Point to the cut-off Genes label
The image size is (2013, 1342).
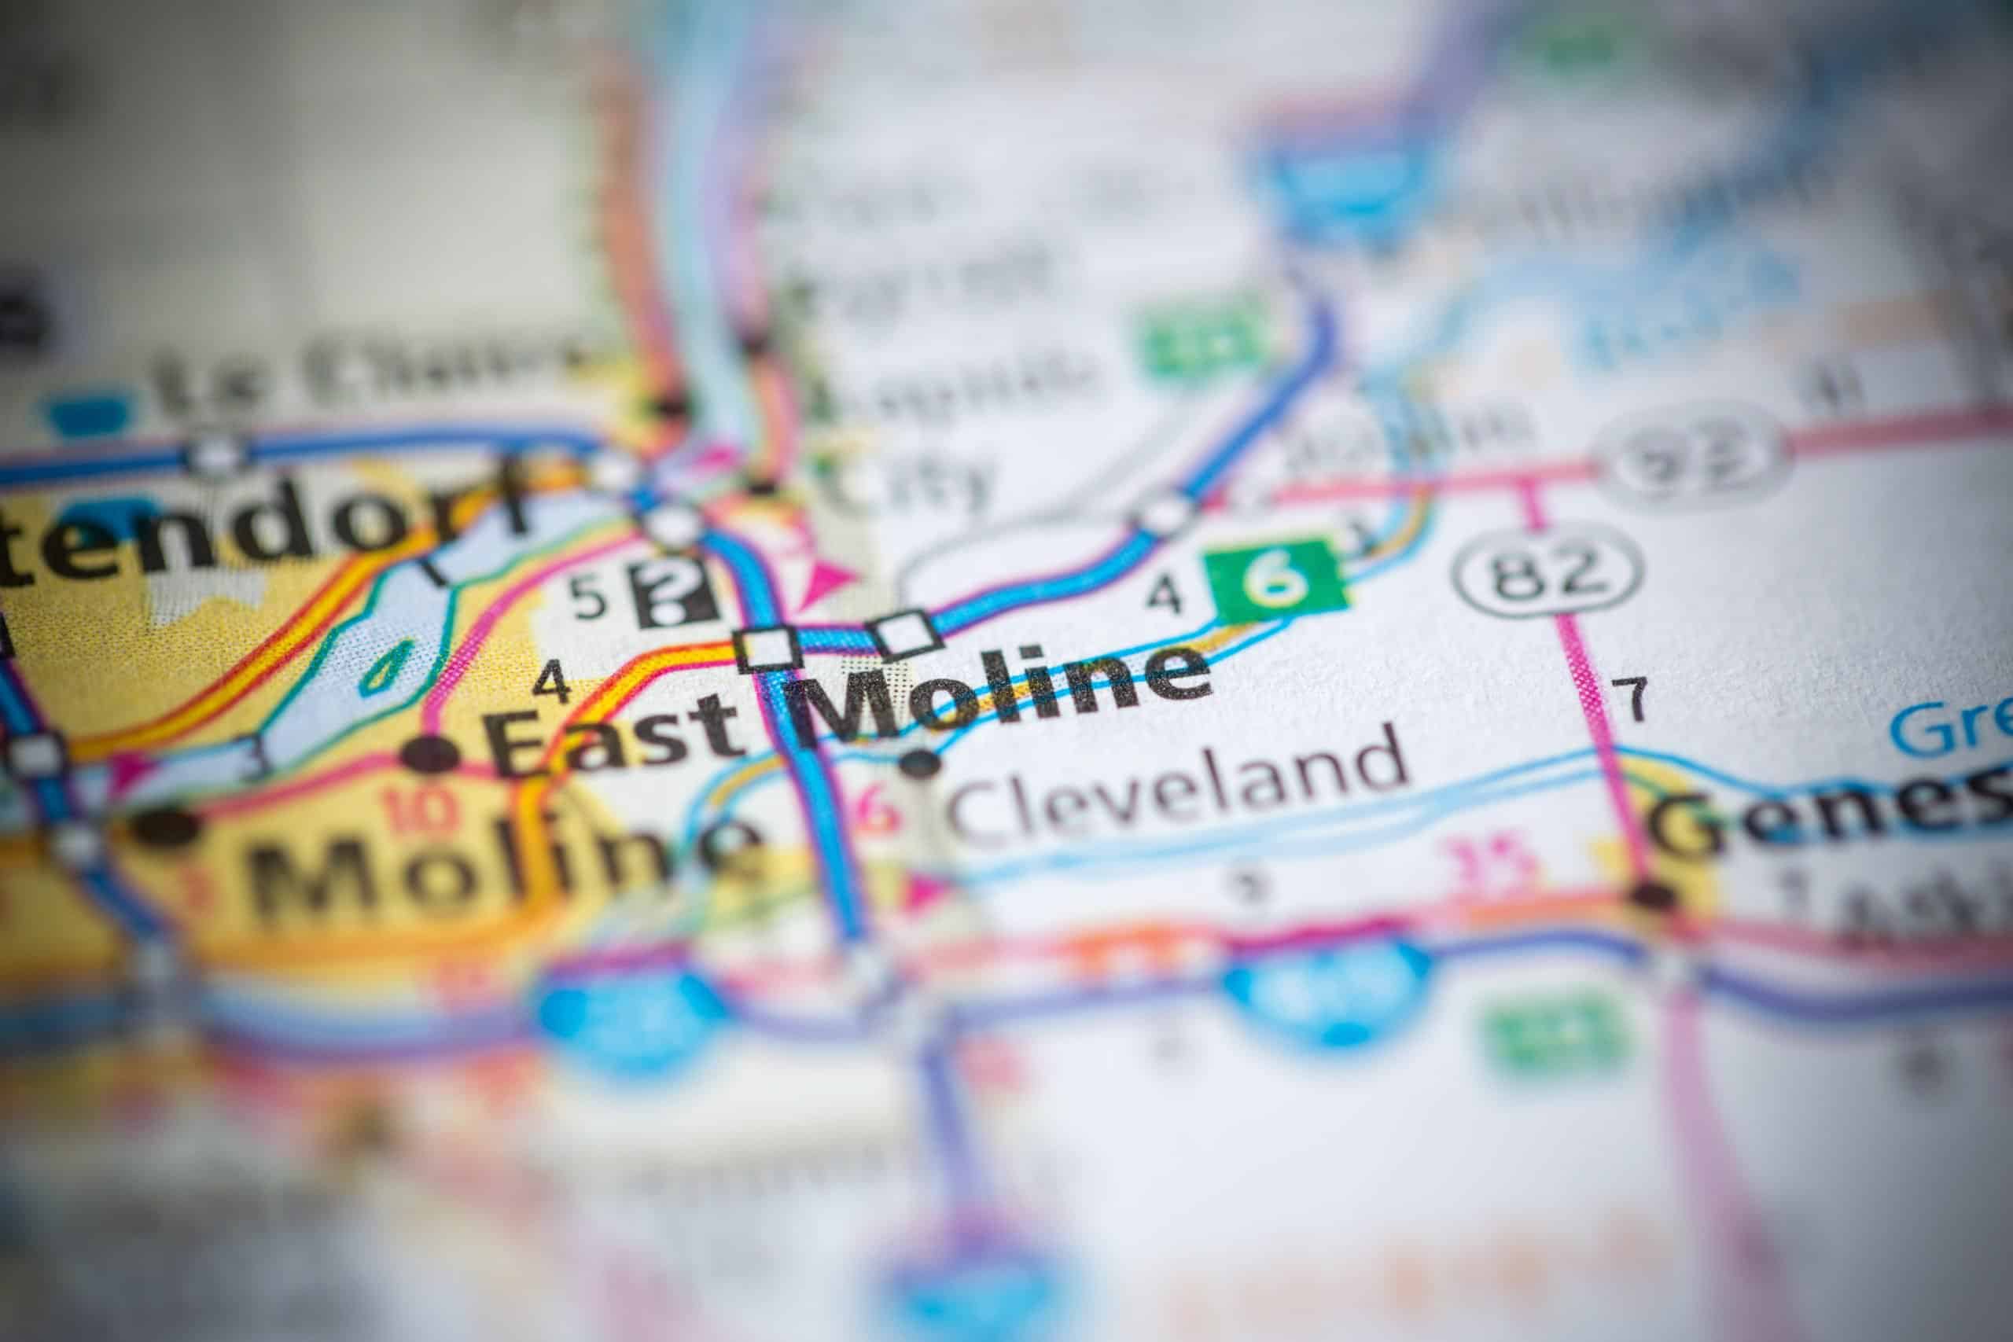pos(1831,813)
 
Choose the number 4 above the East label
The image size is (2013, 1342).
pos(552,685)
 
